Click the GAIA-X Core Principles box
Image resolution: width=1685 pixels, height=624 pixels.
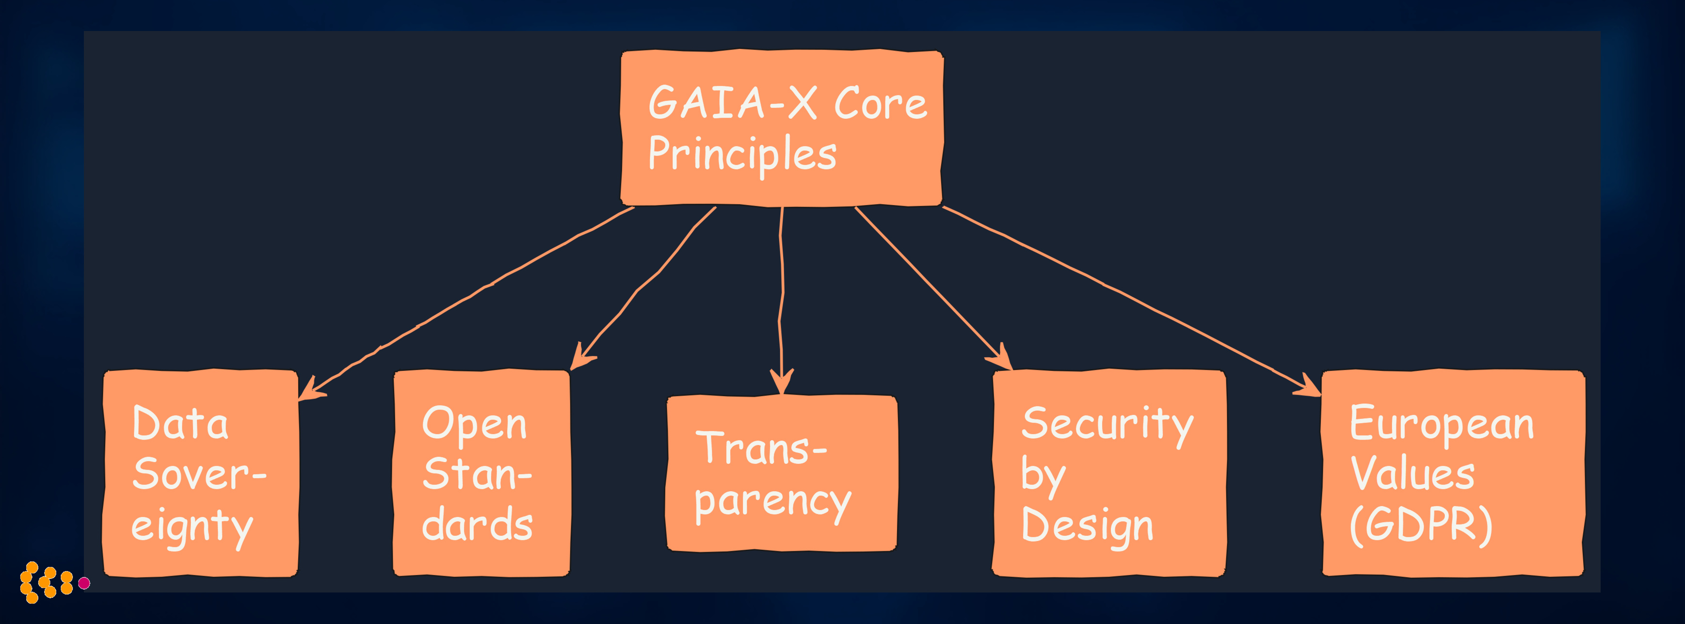pyautogui.click(x=782, y=128)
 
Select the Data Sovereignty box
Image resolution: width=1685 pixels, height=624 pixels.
pyautogui.click(x=201, y=474)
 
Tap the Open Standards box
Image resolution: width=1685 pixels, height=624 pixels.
pyautogui.click(x=481, y=474)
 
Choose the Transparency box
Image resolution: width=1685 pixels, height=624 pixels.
pyautogui.click(x=782, y=474)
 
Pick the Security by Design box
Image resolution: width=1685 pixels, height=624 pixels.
pyautogui.click(x=1109, y=474)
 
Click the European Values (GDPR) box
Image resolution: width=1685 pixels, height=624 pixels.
pyautogui.click(x=1453, y=474)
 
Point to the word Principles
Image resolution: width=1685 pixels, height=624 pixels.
pyautogui.click(x=742, y=154)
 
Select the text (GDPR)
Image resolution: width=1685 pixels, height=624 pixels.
pyautogui.click(x=1421, y=525)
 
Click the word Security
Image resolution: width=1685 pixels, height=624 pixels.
pyautogui.click(x=1107, y=425)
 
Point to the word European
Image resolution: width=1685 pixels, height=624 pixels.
pyautogui.click(x=1442, y=425)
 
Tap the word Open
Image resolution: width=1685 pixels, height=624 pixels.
pyautogui.click(x=474, y=425)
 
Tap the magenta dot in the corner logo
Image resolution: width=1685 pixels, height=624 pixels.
pyautogui.click(x=84, y=583)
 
